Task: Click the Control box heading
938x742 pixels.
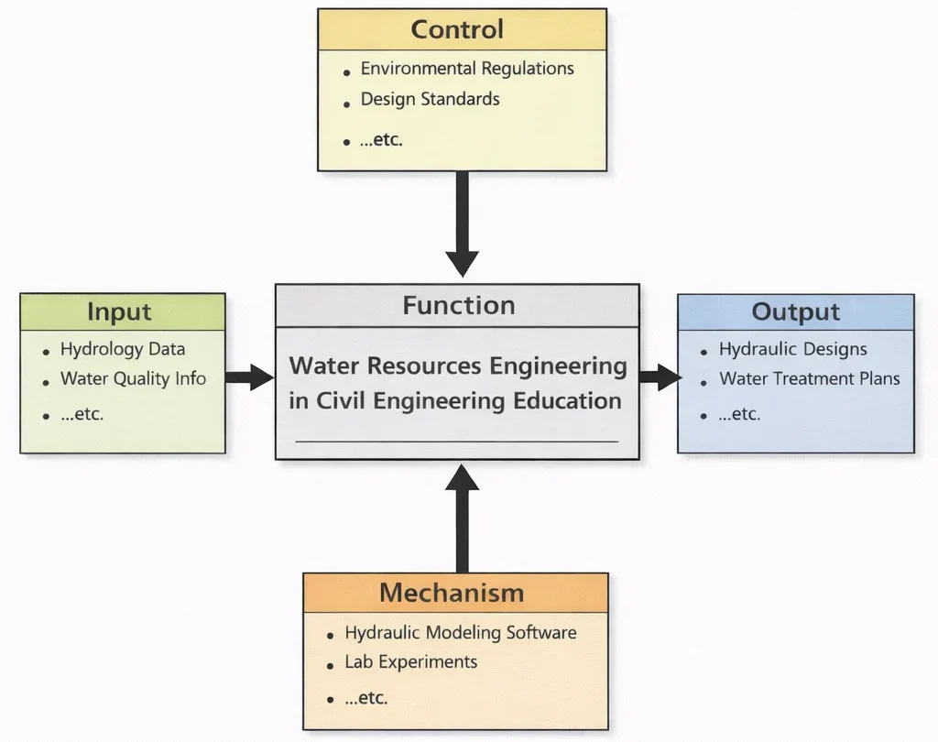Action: tap(457, 29)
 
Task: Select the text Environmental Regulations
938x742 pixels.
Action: tap(467, 69)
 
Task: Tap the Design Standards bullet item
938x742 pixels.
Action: tap(430, 99)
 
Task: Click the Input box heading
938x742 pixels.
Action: tap(119, 311)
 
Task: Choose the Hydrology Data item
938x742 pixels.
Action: tap(123, 349)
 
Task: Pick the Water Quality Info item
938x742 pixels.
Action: tap(133, 378)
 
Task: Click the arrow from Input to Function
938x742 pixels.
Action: tap(248, 376)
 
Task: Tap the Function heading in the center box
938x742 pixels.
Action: tap(458, 305)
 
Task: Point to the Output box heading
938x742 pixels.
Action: tap(795, 312)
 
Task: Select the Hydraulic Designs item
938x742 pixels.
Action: tap(792, 349)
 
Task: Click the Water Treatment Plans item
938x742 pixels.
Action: tap(809, 378)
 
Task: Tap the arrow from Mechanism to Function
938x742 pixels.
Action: tap(462, 518)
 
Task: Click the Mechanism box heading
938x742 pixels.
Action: tap(452, 593)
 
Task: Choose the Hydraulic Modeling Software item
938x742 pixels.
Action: tap(460, 632)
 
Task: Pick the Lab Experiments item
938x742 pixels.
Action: tap(410, 661)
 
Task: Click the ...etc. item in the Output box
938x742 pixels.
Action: tap(739, 414)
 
